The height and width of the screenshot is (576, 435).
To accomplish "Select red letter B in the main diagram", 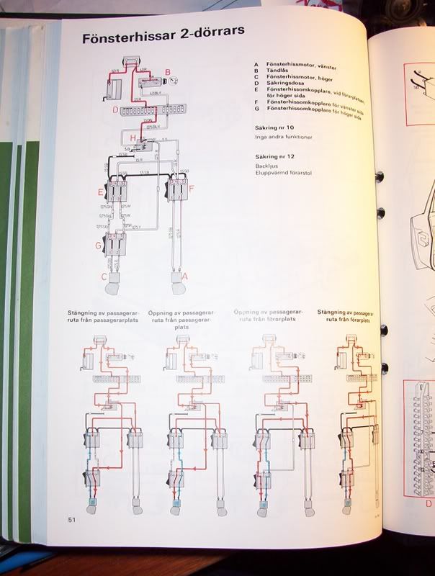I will (167, 72).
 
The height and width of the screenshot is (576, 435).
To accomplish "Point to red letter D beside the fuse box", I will (115, 110).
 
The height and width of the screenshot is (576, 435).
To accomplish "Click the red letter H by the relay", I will (133, 138).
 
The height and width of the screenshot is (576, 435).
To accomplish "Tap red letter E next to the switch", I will (101, 192).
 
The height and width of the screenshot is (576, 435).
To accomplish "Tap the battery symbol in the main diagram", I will (114, 84).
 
